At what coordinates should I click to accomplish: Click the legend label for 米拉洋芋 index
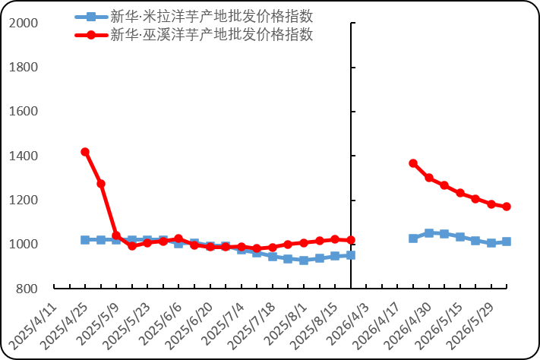click(x=211, y=16)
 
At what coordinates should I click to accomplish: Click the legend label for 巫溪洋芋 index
click(x=211, y=34)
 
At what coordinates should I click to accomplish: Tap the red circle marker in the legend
click(x=91, y=35)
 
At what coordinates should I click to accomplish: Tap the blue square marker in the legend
click(x=91, y=17)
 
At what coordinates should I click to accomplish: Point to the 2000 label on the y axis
click(x=24, y=23)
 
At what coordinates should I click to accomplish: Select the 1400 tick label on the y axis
click(x=24, y=156)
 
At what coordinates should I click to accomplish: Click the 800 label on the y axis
click(x=27, y=289)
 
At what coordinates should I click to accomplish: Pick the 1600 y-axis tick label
click(x=24, y=112)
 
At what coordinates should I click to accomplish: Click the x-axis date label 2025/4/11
click(x=33, y=326)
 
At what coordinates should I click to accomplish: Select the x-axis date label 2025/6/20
click(x=189, y=326)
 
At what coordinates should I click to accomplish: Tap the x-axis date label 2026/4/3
click(x=348, y=324)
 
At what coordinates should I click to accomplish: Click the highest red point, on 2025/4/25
click(x=85, y=152)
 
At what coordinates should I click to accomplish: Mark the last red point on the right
click(x=507, y=207)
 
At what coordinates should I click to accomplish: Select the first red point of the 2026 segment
click(x=413, y=163)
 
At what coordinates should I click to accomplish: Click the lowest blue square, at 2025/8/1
click(x=304, y=261)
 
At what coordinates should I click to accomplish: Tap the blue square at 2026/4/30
click(x=429, y=233)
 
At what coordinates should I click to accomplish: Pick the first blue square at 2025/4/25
click(x=85, y=240)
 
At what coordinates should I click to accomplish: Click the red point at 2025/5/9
click(x=116, y=235)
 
